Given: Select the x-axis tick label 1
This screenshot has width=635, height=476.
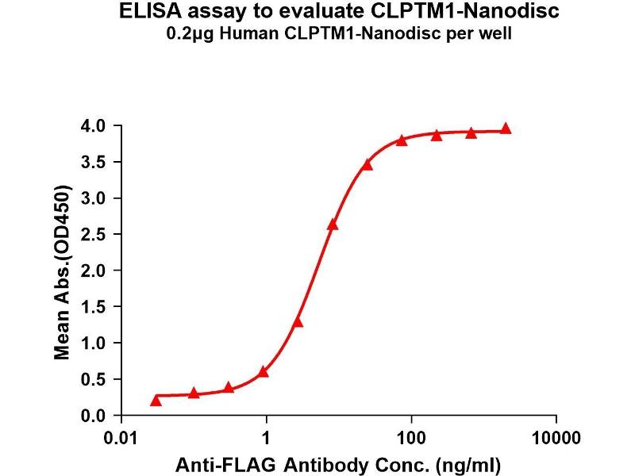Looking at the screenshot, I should point(267,437).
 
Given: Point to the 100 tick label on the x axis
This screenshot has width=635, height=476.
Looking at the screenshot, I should point(411,437).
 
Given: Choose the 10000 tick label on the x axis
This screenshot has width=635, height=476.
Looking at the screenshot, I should point(556,437).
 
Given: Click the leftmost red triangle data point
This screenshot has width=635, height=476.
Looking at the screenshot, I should point(156,401).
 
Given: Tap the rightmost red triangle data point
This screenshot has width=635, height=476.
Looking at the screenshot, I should point(506,129).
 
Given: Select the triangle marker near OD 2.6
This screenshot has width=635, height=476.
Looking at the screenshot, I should point(333,225).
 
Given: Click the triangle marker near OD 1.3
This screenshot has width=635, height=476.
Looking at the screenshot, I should point(298,321).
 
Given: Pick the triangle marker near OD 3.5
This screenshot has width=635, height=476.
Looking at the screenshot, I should point(367,164).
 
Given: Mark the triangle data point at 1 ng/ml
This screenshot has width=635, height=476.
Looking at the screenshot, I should point(264,371).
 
